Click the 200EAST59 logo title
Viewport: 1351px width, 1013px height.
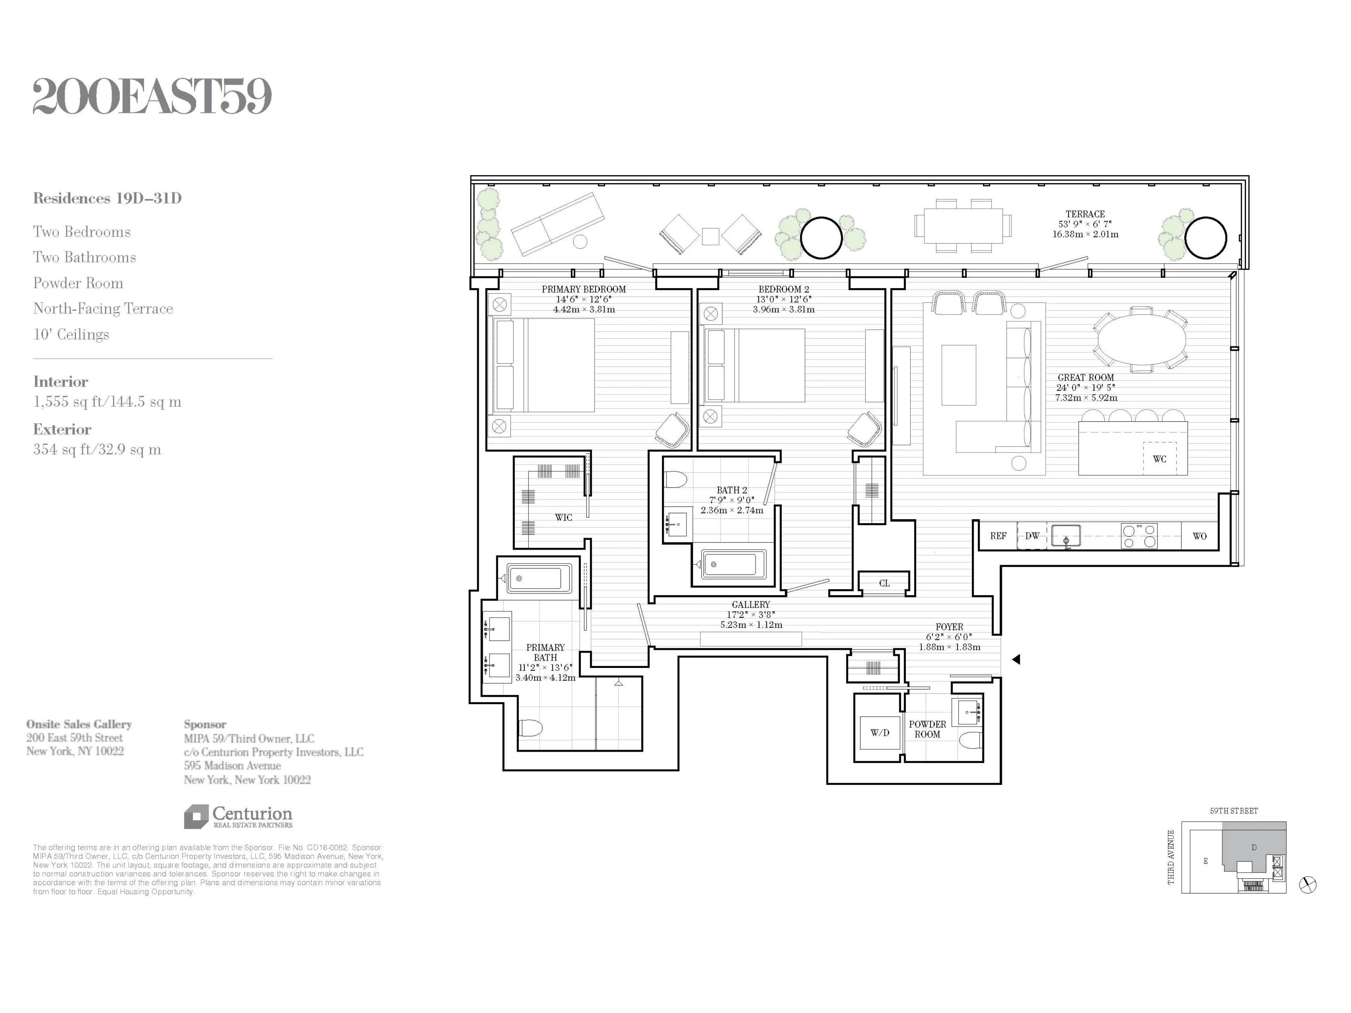[152, 96]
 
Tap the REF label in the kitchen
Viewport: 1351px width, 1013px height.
[998, 536]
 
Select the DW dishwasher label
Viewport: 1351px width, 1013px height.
[1032, 536]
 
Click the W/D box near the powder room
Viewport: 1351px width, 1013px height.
[880, 732]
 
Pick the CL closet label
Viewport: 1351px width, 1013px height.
[884, 583]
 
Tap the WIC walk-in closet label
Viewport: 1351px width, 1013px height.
[563, 517]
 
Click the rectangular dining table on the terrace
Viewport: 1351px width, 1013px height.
[963, 225]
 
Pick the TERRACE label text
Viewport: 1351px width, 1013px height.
[1085, 214]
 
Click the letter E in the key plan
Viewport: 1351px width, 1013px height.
[1206, 861]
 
